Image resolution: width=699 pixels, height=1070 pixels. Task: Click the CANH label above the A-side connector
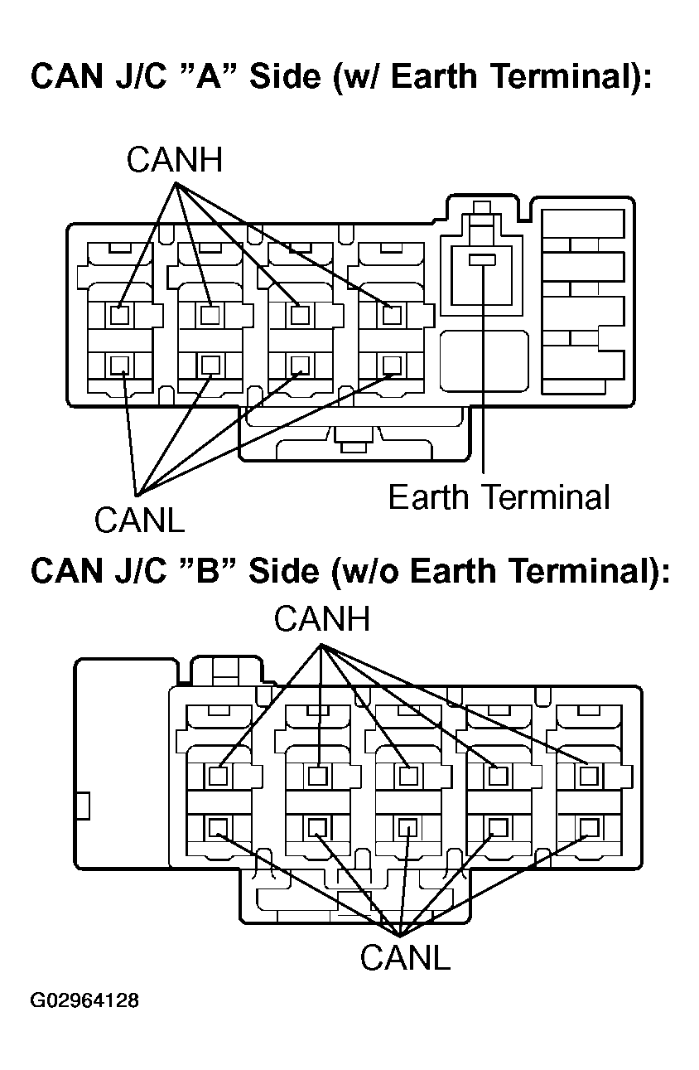(x=174, y=160)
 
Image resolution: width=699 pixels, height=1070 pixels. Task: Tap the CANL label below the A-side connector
(x=139, y=520)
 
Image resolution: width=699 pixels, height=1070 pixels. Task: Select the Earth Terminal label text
(x=499, y=497)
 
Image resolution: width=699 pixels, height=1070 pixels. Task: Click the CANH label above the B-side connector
(x=322, y=619)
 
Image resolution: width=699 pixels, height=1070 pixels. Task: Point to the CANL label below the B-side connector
(x=405, y=957)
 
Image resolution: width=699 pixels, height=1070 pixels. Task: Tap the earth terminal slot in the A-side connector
(x=482, y=260)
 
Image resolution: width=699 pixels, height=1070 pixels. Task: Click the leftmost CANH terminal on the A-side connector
(x=119, y=315)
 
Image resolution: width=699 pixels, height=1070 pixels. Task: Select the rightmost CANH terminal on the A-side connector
(x=392, y=315)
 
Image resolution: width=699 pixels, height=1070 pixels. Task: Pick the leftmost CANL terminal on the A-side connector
(x=119, y=366)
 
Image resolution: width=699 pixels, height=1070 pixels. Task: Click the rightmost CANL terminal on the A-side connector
(x=392, y=366)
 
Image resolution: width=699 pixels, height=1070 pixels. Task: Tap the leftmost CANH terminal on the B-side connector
(x=219, y=777)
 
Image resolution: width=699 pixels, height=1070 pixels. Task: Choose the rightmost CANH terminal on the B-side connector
(x=589, y=777)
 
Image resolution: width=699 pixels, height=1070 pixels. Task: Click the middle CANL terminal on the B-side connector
(x=407, y=827)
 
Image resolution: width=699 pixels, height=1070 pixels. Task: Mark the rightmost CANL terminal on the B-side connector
(x=589, y=827)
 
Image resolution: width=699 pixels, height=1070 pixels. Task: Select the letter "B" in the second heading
(x=208, y=570)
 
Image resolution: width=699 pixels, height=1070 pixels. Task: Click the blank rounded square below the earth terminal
(x=484, y=361)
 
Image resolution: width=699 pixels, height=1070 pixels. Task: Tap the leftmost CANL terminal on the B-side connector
(x=219, y=827)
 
